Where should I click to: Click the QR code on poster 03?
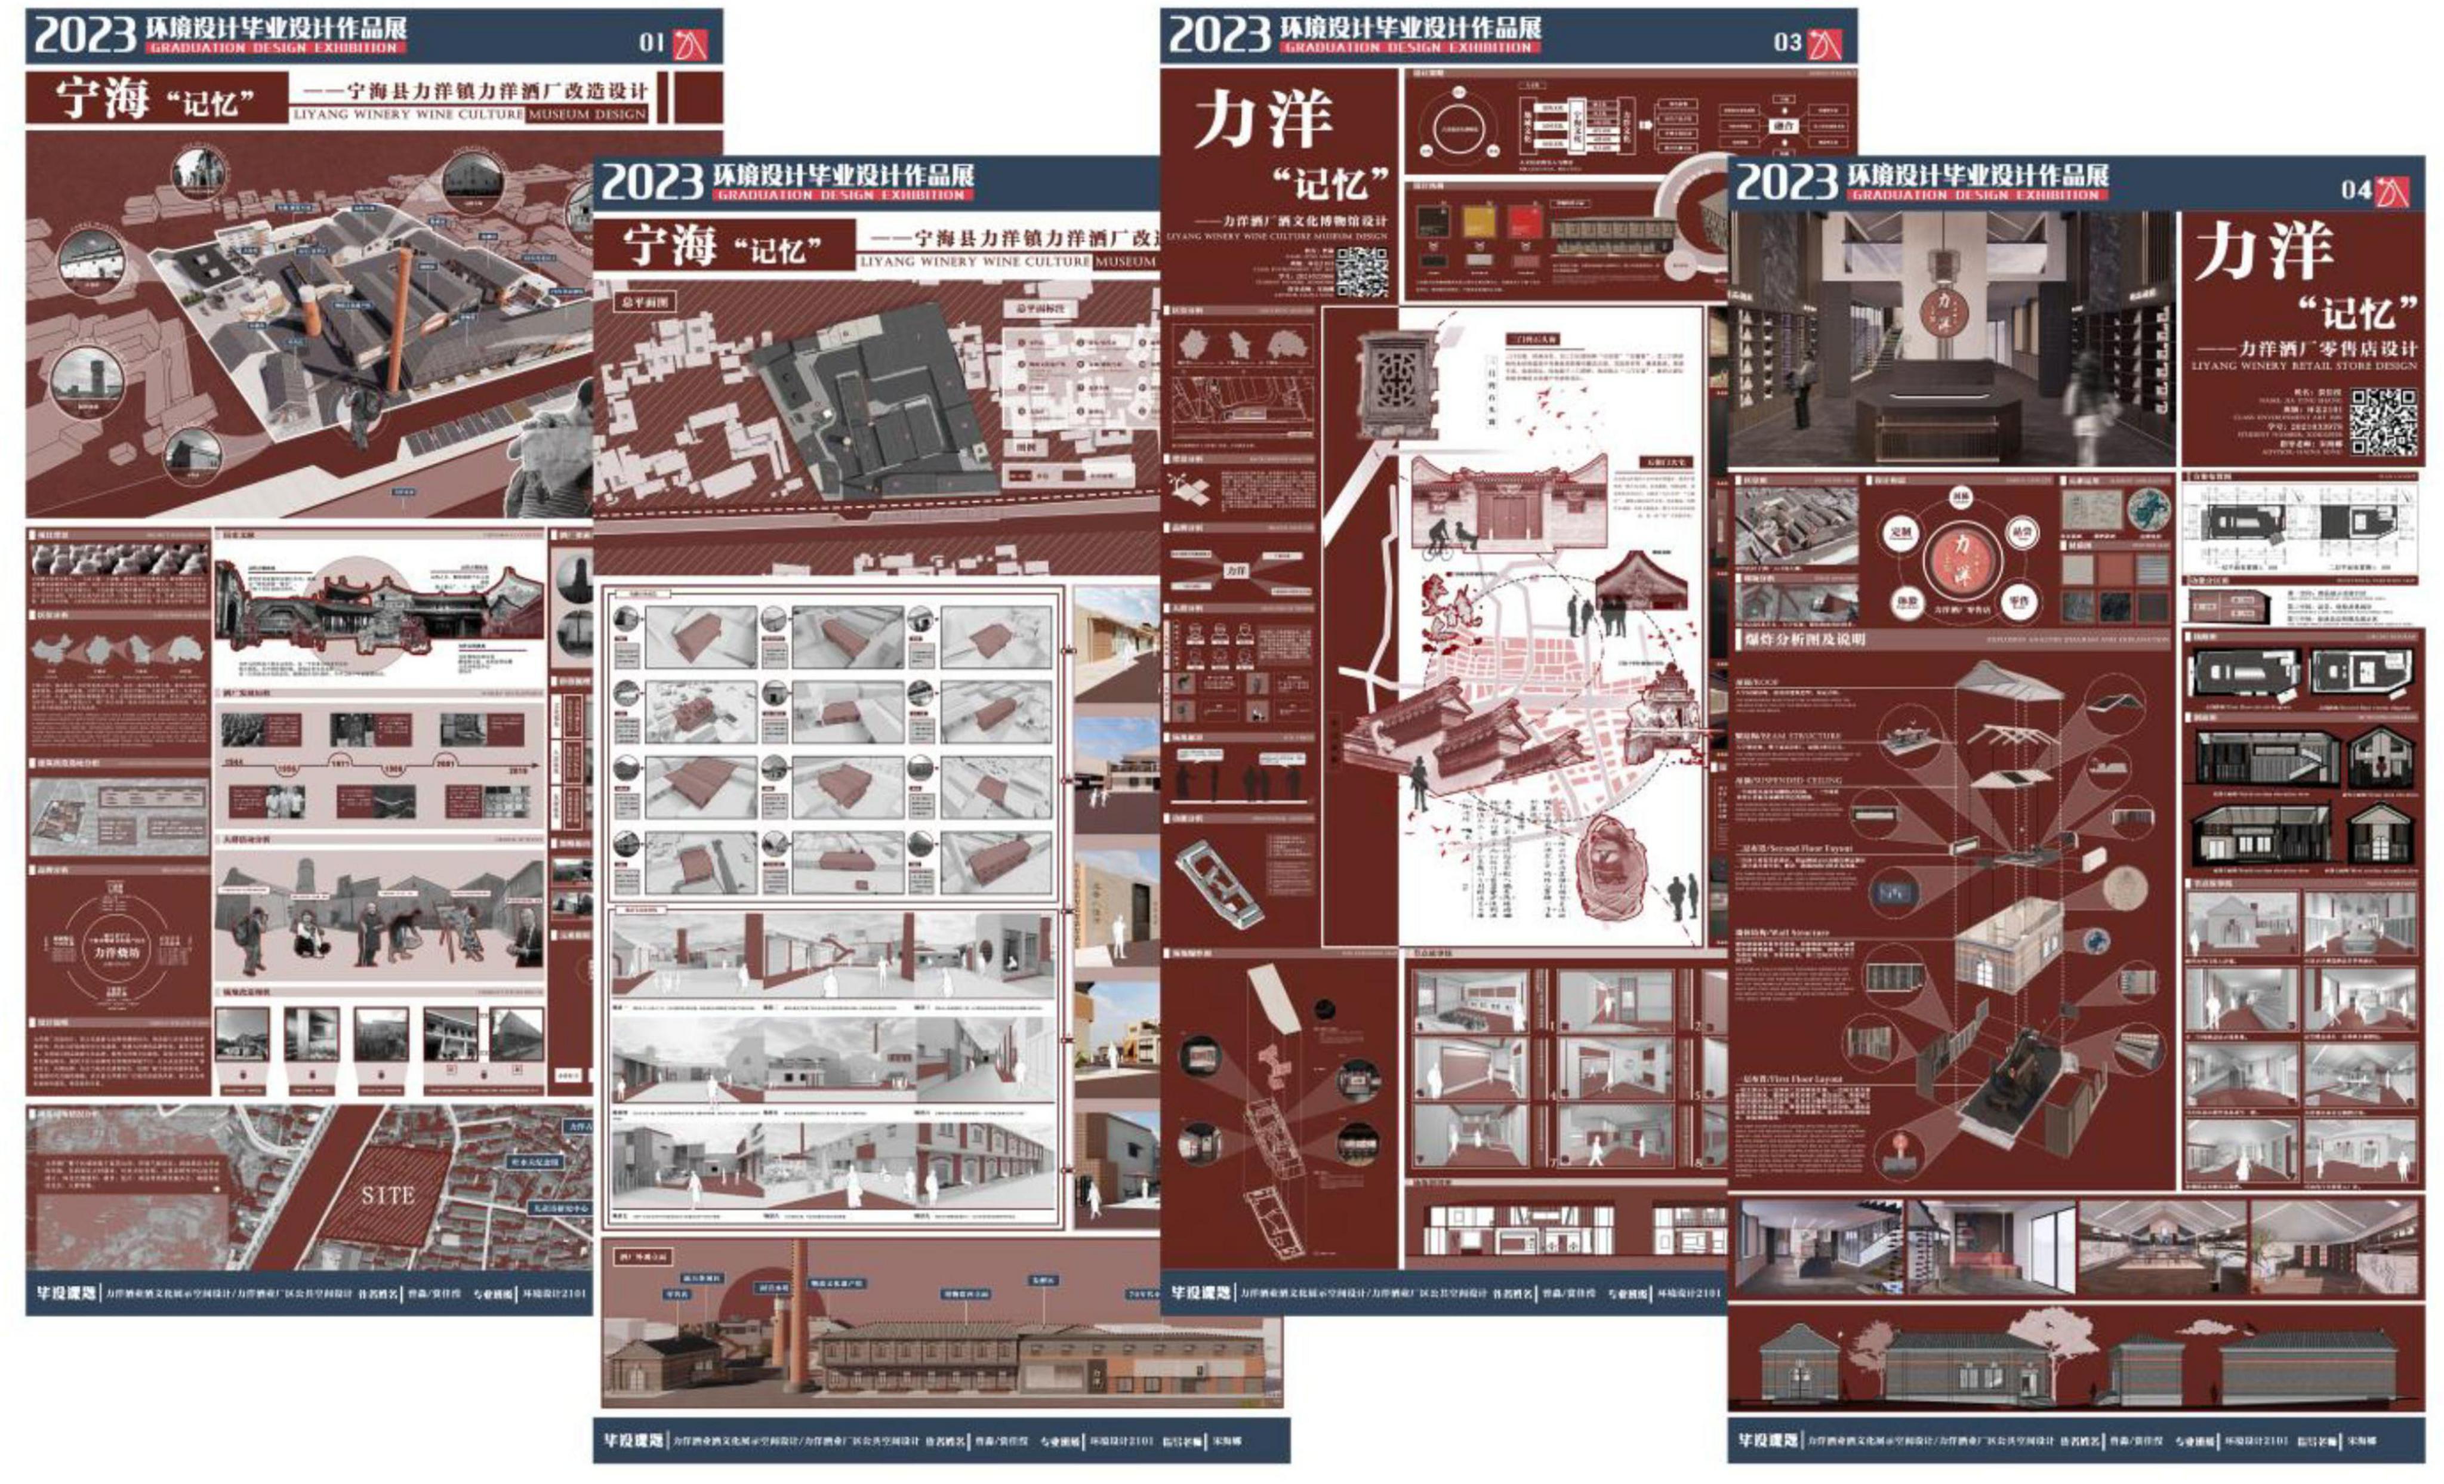point(1362,271)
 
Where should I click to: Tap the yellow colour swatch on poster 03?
point(1479,220)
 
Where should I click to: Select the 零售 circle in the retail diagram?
point(2018,601)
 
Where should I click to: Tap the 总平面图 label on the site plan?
point(645,301)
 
